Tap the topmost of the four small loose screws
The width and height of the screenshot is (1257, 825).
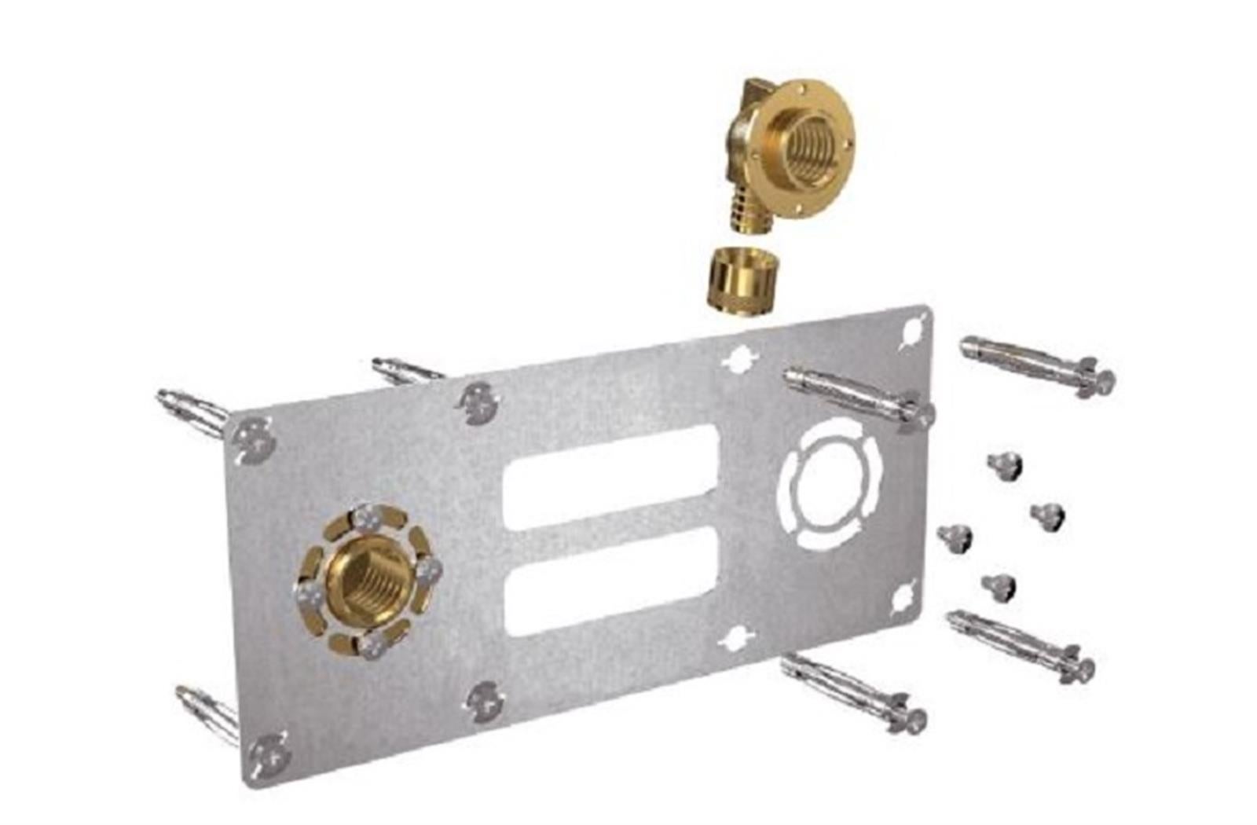(1005, 465)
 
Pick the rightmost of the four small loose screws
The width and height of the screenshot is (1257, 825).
(1048, 515)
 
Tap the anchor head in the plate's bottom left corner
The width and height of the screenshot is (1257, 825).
(267, 753)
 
